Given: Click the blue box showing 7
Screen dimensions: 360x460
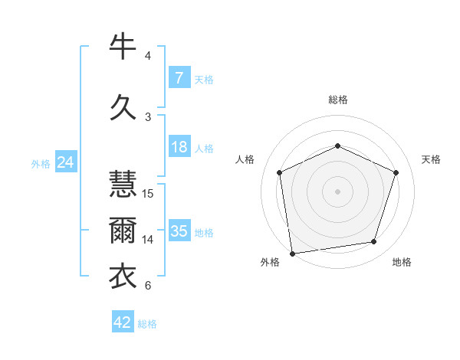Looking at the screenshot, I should click(179, 78).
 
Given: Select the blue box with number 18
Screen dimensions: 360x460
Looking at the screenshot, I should click(179, 148).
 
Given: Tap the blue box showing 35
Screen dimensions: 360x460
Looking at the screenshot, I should click(179, 231).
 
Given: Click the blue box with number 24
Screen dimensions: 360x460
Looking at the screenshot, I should click(65, 162).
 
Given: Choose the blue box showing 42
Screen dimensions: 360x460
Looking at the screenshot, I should click(123, 322).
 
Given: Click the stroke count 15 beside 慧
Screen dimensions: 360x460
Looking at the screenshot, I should click(148, 194).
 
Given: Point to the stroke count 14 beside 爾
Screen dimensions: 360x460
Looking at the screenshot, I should click(148, 240).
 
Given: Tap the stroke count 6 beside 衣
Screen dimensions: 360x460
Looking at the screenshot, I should click(148, 286).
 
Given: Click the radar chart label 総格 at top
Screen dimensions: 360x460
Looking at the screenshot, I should click(337, 100).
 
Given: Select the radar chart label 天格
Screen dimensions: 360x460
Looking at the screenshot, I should click(431, 159).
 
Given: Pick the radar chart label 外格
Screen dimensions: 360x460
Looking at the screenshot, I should click(270, 263).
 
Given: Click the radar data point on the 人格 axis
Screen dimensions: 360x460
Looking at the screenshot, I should click(280, 172).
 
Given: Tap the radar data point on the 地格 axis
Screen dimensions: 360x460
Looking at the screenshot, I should click(373, 242).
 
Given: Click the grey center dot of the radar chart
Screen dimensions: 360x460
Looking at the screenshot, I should click(337, 191).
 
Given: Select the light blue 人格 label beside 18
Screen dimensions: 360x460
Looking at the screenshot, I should click(204, 149).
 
